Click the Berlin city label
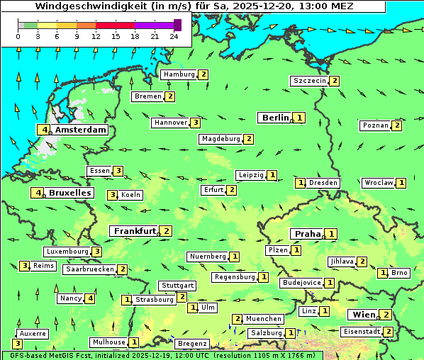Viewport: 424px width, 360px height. (x=275, y=118)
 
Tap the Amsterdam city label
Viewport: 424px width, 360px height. (x=80, y=130)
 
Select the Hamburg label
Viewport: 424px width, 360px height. (x=179, y=74)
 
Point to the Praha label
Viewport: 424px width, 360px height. (x=308, y=234)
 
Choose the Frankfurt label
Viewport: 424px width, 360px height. (x=135, y=231)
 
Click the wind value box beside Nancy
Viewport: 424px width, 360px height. (x=89, y=298)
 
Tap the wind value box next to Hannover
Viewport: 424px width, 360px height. (x=195, y=123)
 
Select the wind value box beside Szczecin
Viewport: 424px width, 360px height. (x=335, y=81)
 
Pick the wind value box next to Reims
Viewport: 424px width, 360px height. (x=25, y=266)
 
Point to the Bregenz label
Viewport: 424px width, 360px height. (x=191, y=344)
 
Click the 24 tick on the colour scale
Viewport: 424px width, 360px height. (x=174, y=36)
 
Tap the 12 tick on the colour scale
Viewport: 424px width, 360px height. (x=96, y=36)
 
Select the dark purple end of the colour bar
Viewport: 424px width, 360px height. (x=177, y=25)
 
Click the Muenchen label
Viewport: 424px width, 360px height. (x=264, y=319)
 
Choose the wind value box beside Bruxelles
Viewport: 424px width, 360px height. (x=35, y=193)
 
